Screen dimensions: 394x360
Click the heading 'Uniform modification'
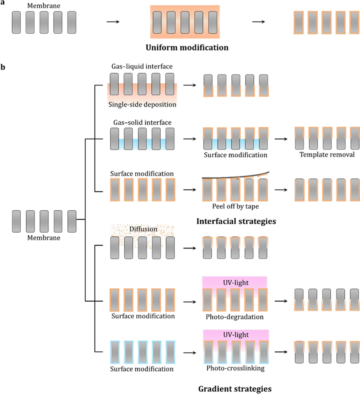coord(187,48)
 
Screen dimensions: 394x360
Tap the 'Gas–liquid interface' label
coord(142,67)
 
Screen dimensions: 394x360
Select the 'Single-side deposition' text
coord(142,105)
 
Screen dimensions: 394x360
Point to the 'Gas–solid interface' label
coord(142,123)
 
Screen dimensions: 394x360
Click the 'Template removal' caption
coord(327,155)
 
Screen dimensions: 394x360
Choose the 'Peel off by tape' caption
coord(235,206)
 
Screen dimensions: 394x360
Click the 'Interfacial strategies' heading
coord(236,221)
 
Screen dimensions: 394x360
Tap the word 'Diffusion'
coord(143,229)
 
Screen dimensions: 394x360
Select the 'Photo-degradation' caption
coord(235,317)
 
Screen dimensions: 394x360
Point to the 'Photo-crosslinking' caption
coord(236,368)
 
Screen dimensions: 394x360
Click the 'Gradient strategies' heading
coord(235,389)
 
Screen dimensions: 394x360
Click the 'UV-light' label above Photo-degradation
coord(236,283)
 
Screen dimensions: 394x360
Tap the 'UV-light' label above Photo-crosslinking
coord(236,335)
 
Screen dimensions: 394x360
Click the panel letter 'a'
coord(3,3)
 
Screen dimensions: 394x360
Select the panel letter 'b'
coord(3,67)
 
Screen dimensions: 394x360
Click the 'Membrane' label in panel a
coord(44,6)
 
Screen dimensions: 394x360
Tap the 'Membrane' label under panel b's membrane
coord(44,238)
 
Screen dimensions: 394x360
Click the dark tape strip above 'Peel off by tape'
coord(235,176)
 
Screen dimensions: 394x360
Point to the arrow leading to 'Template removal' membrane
coord(281,139)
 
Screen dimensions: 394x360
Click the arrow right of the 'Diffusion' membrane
coord(190,248)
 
